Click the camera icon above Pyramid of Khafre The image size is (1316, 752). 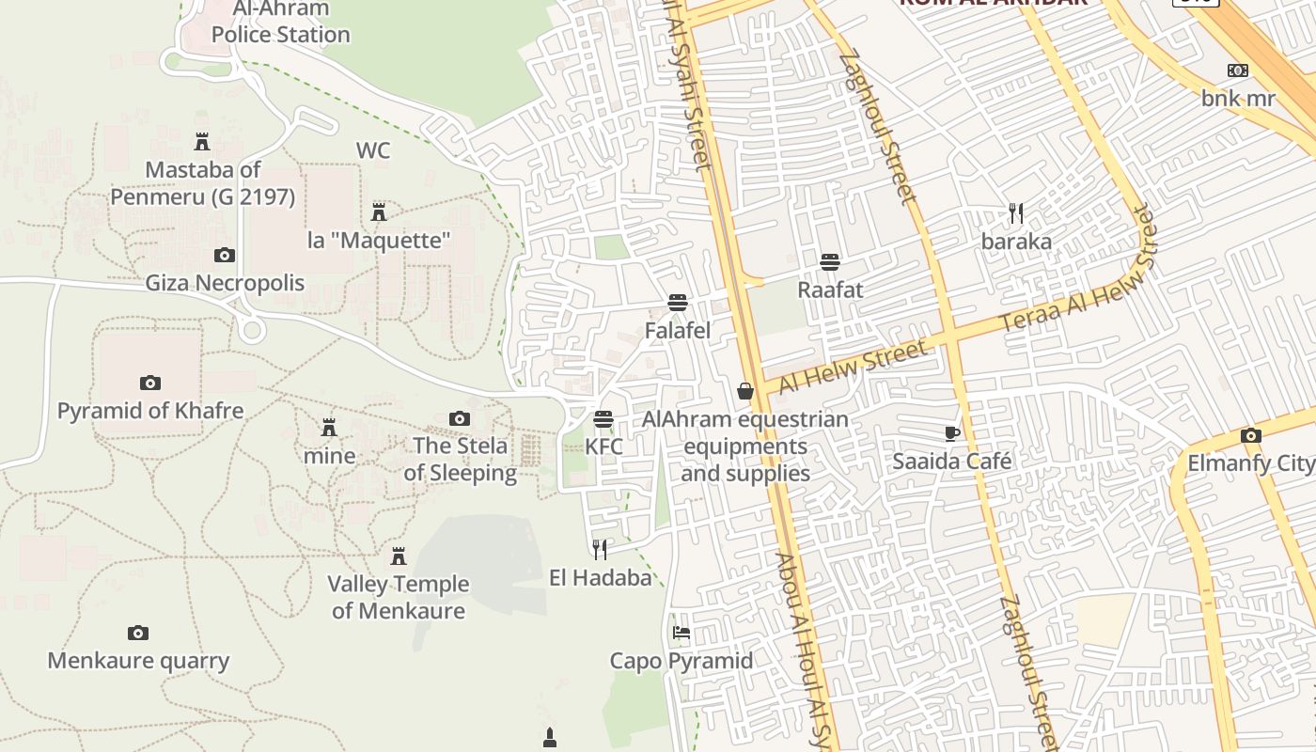[149, 383]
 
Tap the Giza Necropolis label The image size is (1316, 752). [225, 283]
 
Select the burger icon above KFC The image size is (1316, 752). [603, 419]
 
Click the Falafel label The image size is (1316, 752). [677, 331]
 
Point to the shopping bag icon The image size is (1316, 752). [745, 391]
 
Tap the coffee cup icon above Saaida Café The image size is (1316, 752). [951, 433]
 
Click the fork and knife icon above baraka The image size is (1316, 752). [1015, 213]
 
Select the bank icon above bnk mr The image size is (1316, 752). [1238, 70]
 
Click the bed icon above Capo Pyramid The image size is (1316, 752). [681, 633]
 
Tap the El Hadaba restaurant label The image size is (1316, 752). [600, 577]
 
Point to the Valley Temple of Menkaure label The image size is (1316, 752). [398, 597]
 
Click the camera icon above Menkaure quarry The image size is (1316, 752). [138, 633]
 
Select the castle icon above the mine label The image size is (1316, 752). [329, 428]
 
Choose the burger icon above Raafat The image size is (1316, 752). [830, 261]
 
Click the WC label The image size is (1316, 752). [372, 150]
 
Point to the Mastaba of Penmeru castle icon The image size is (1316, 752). [201, 142]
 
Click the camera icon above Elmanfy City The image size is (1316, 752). [1250, 435]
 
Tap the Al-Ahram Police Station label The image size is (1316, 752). [280, 23]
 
